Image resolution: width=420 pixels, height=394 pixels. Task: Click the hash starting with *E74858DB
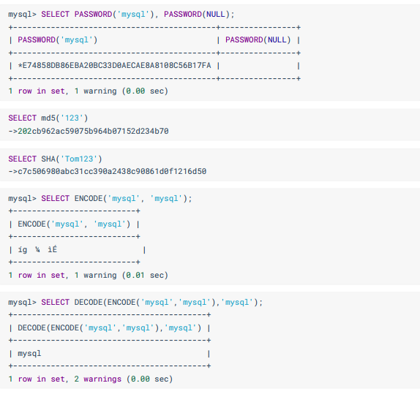pyautogui.click(x=114, y=66)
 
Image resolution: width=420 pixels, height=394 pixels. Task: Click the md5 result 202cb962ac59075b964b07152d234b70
pyautogui.click(x=93, y=131)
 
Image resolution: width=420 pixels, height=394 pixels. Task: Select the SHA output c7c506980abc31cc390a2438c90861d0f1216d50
pyautogui.click(x=112, y=171)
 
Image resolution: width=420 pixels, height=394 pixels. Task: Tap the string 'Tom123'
pyautogui.click(x=79, y=159)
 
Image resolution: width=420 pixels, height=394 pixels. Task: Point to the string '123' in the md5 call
pyautogui.click(x=72, y=118)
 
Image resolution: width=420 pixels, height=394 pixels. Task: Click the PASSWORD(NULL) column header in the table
pyautogui.click(x=258, y=40)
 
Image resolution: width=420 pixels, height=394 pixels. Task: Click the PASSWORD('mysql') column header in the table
pyautogui.click(x=58, y=40)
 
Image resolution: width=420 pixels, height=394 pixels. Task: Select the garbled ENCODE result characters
pyautogui.click(x=37, y=250)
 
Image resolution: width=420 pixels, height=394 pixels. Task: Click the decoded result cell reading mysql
pyautogui.click(x=29, y=354)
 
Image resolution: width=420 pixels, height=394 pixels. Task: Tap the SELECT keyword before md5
pyautogui.click(x=22, y=118)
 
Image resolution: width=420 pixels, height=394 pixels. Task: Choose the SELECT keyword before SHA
pyautogui.click(x=22, y=159)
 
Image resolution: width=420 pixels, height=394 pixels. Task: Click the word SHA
pyautogui.click(x=48, y=159)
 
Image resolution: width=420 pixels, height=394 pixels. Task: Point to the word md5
pyautogui.click(x=48, y=118)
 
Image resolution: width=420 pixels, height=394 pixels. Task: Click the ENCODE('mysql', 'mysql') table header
pyautogui.click(x=74, y=224)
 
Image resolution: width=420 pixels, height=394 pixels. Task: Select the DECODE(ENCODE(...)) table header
pyautogui.click(x=110, y=328)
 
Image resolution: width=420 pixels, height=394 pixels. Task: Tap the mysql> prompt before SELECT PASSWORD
pyautogui.click(x=22, y=14)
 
